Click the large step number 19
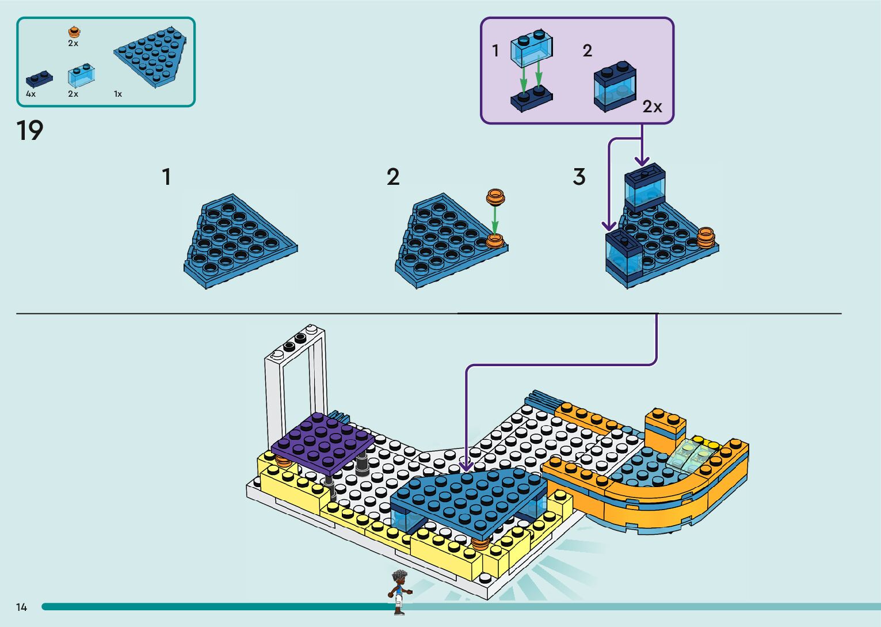(x=30, y=131)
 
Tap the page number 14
(x=22, y=607)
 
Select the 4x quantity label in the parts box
(x=30, y=94)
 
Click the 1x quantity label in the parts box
(x=118, y=94)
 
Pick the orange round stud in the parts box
(x=73, y=32)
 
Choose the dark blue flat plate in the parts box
(x=39, y=78)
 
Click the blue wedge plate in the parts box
(x=151, y=56)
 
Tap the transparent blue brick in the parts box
(x=81, y=75)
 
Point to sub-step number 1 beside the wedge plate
(x=166, y=177)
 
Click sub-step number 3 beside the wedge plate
(x=579, y=177)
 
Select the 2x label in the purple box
(x=652, y=107)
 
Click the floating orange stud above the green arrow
(x=495, y=197)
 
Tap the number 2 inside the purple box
(x=587, y=51)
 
